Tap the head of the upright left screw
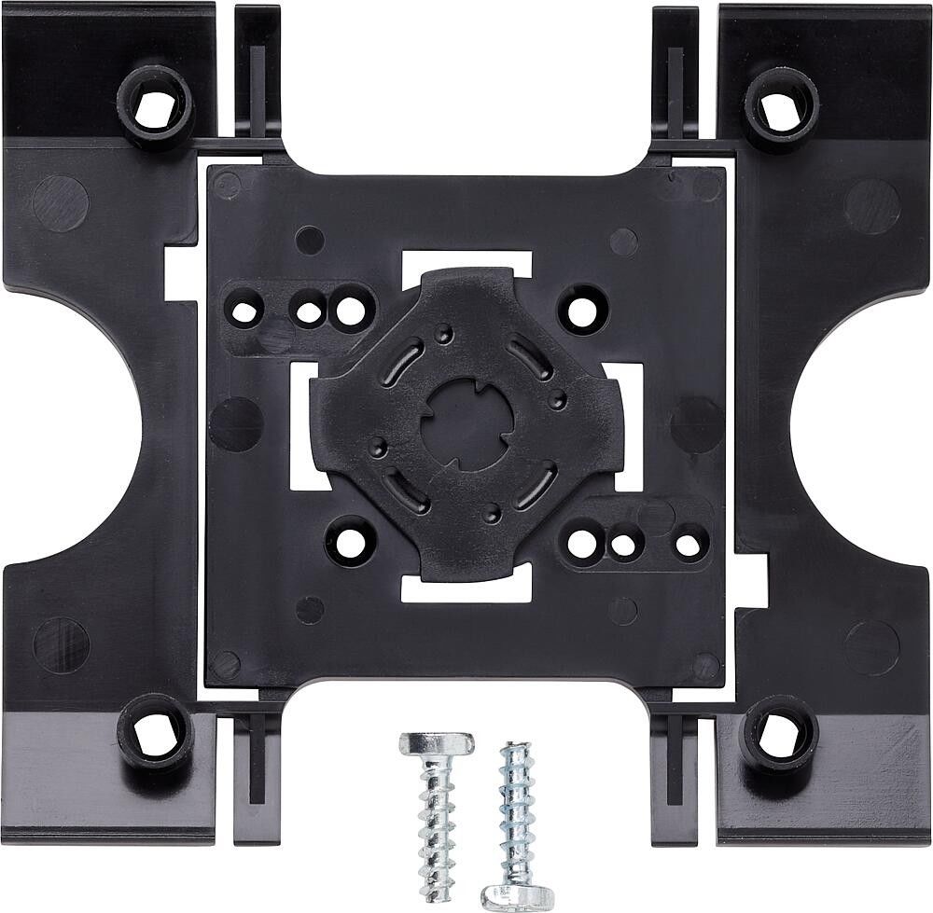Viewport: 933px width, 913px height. pyautogui.click(x=437, y=745)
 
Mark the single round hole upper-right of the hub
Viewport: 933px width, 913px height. pyautogui.click(x=583, y=309)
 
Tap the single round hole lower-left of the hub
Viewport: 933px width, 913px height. pyautogui.click(x=351, y=542)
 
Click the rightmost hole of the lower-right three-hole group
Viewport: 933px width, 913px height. pyautogui.click(x=689, y=544)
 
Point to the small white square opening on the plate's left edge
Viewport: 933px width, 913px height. pyautogui.click(x=180, y=272)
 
